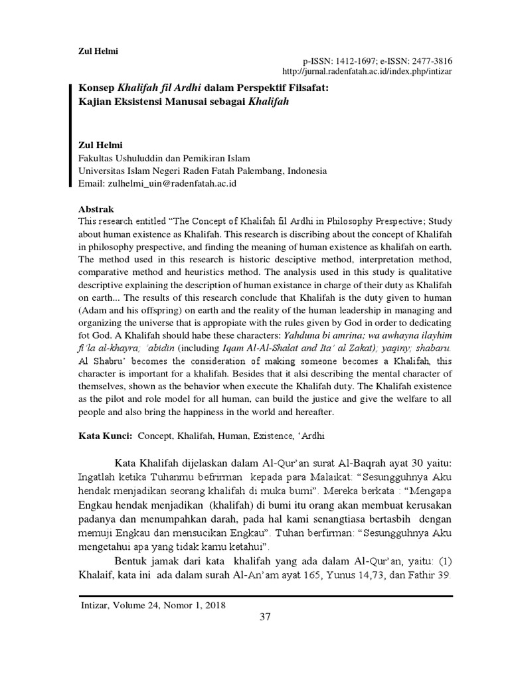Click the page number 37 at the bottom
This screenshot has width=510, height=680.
(x=265, y=618)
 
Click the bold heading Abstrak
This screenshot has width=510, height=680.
(x=97, y=208)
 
